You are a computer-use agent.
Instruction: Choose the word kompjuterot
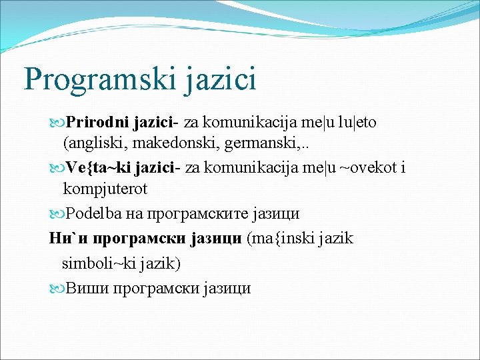(105, 189)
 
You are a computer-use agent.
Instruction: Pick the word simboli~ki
(97, 263)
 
